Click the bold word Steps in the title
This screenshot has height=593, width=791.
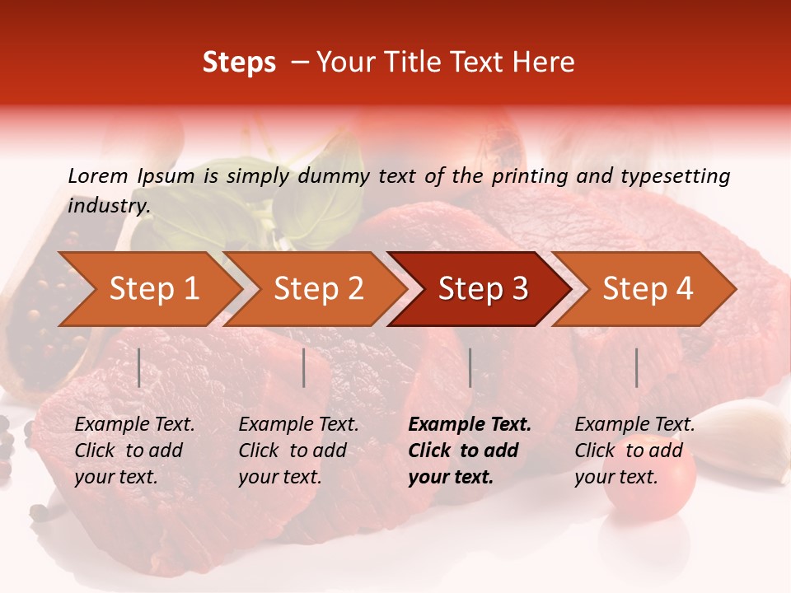(239, 63)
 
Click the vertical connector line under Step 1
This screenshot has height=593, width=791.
(139, 367)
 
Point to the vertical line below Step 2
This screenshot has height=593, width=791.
(304, 367)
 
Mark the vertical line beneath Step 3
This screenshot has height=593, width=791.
(470, 367)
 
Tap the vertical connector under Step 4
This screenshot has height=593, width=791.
(637, 367)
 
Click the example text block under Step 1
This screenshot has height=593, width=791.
(134, 451)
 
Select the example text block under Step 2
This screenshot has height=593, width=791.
(298, 451)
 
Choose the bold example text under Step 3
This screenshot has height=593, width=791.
(470, 451)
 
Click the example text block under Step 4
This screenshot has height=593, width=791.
(634, 451)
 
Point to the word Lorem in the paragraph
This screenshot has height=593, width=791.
(98, 175)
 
